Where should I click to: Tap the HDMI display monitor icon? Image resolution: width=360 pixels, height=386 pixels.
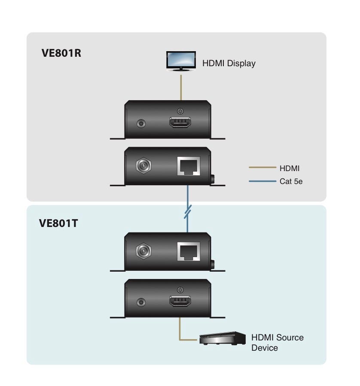[x=180, y=61]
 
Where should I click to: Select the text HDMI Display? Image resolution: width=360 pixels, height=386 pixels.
[x=229, y=64]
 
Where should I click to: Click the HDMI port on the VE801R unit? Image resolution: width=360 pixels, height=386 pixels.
[x=181, y=123]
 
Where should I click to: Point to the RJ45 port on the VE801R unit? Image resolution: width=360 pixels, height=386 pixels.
[x=188, y=165]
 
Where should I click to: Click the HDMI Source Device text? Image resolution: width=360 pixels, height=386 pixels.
[x=277, y=342]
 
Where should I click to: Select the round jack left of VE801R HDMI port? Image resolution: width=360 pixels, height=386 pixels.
[x=141, y=123]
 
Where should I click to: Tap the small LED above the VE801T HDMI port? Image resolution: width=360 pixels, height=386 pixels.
[x=181, y=290]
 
